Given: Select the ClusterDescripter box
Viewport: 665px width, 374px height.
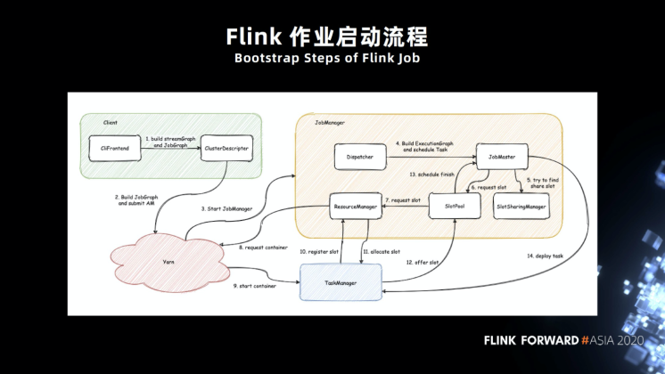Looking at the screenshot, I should click(x=226, y=148).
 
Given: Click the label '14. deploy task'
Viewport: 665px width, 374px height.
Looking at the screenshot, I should click(x=545, y=256).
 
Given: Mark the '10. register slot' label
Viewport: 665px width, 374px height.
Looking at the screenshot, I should click(x=320, y=253).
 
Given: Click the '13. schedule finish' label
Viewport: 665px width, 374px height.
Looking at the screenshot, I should click(x=432, y=175).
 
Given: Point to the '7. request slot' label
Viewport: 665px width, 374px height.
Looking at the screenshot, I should click(x=404, y=200).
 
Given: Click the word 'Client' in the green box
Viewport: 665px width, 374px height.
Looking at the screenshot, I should click(x=111, y=121).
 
